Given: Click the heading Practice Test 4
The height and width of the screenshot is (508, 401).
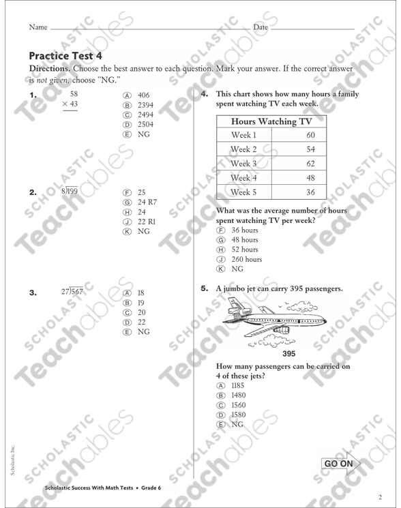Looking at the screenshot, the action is click(x=65, y=55).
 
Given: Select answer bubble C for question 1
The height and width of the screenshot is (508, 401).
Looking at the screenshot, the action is click(x=126, y=115).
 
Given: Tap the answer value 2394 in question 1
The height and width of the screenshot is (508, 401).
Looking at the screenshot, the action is click(x=145, y=105).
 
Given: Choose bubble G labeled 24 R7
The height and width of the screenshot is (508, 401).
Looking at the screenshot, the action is click(x=126, y=203).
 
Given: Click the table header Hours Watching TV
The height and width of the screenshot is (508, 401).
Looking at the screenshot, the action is click(x=271, y=121).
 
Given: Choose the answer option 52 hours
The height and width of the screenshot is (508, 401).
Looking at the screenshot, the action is click(x=245, y=250).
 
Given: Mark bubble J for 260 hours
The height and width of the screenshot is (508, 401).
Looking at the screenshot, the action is click(x=220, y=259).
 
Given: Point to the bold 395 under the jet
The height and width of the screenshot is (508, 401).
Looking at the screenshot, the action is click(x=288, y=353).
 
